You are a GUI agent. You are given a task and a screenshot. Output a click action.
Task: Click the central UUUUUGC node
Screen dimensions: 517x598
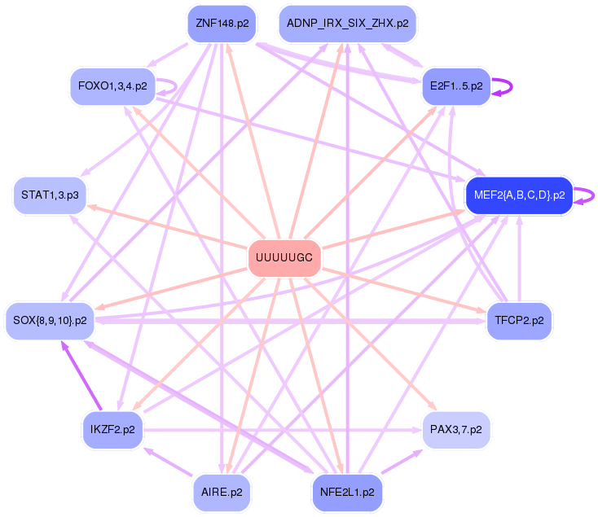(x=284, y=257)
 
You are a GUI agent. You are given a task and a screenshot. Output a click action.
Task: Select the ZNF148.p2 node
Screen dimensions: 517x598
(x=222, y=24)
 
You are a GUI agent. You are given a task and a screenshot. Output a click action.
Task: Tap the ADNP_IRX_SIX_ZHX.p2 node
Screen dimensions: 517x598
(x=348, y=24)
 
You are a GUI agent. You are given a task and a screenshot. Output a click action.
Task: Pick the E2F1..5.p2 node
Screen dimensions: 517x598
(x=455, y=85)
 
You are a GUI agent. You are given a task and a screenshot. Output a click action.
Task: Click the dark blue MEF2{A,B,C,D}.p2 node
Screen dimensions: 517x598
(x=519, y=195)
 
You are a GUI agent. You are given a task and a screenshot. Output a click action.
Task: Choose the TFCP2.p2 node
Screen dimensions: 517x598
(x=519, y=320)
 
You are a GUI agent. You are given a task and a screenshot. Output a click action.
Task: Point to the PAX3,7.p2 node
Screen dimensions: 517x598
(x=455, y=428)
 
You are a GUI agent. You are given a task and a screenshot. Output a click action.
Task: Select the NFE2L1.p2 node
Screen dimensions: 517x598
(x=348, y=492)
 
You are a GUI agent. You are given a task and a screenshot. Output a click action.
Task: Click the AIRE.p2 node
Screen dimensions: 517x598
(x=222, y=492)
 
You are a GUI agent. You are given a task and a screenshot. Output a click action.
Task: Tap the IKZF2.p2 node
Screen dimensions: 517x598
(x=113, y=428)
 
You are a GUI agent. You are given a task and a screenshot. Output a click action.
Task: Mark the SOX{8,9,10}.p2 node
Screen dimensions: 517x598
(x=51, y=320)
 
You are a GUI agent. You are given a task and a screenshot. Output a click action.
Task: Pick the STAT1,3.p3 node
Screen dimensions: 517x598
(x=51, y=195)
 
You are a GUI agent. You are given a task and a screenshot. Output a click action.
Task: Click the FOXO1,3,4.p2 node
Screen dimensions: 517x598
(x=112, y=85)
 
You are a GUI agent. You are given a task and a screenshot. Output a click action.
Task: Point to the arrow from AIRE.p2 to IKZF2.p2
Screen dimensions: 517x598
(x=168, y=460)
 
